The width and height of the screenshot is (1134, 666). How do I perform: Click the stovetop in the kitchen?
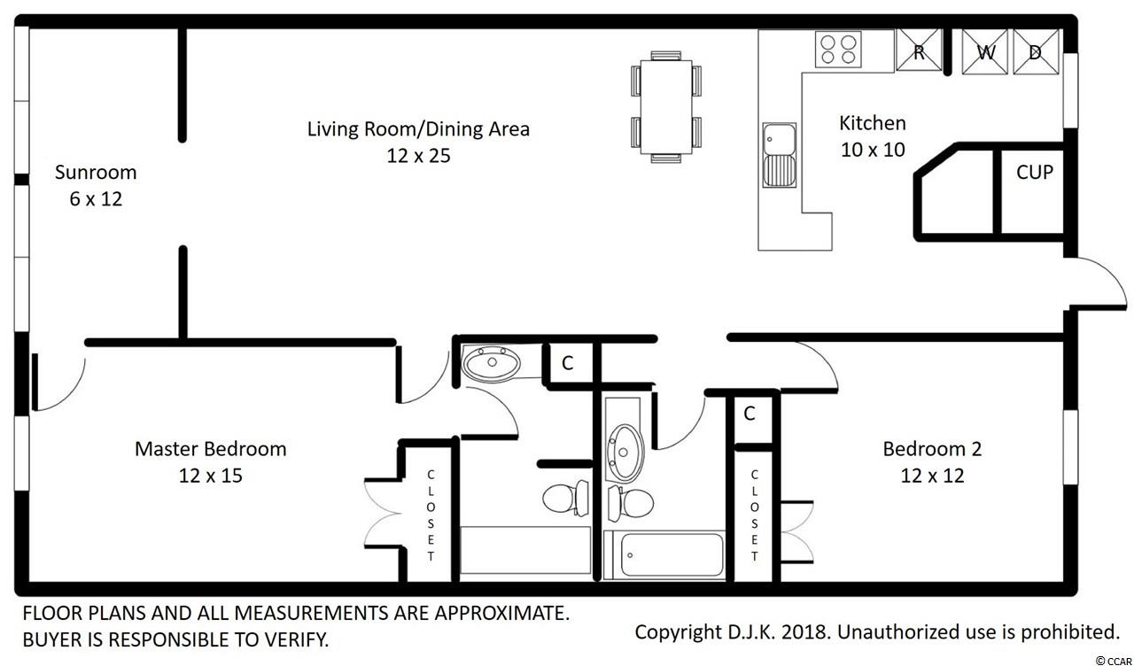tap(838, 50)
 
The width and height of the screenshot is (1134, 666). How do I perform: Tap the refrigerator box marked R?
tap(919, 50)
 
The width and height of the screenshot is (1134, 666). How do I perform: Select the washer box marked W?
tap(984, 51)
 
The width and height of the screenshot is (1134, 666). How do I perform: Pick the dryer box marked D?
tap(1036, 51)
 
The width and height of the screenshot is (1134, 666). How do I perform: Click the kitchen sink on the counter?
tap(779, 155)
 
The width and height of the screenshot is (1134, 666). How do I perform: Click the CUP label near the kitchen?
tap(1034, 173)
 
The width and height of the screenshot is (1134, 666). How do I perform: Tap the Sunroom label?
tap(96, 173)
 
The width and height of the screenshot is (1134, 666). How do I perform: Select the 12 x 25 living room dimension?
tap(418, 155)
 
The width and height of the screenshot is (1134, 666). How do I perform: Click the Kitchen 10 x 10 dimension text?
tap(873, 150)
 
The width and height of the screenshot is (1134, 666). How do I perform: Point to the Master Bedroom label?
tap(211, 449)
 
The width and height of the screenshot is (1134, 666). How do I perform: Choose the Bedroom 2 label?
tap(932, 449)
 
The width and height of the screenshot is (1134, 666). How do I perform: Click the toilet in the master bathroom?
tap(565, 498)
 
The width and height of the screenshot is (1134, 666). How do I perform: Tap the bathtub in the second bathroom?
tap(664, 554)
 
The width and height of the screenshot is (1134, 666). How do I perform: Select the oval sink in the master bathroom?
tap(492, 363)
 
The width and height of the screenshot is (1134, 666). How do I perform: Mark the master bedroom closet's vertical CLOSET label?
tap(431, 515)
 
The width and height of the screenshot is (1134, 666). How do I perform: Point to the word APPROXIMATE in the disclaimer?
tap(501, 614)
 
